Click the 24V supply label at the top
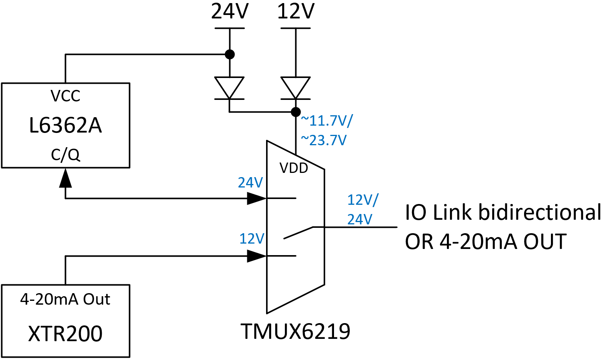pyautogui.click(x=230, y=11)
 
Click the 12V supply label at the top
pyautogui.click(x=296, y=11)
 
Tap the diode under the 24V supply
pyautogui.click(x=229, y=88)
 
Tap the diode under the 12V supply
pyautogui.click(x=296, y=88)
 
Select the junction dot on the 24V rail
pyautogui.click(x=230, y=54)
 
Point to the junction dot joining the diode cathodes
pyautogui.click(x=296, y=112)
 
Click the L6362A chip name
pyautogui.click(x=65, y=126)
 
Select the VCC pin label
pyautogui.click(x=65, y=96)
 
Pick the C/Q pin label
pyautogui.click(x=65, y=155)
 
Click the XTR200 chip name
pyautogui.click(x=65, y=333)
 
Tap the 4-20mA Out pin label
pyautogui.click(x=65, y=299)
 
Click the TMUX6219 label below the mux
pyautogui.click(x=295, y=331)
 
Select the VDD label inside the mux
pyautogui.click(x=294, y=168)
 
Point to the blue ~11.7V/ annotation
pyautogui.click(x=326, y=121)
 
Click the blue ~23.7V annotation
pyautogui.click(x=324, y=140)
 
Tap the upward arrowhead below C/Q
pyautogui.click(x=65, y=178)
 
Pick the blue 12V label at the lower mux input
pyautogui.click(x=252, y=239)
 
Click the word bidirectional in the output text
pyautogui.click(x=539, y=212)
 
